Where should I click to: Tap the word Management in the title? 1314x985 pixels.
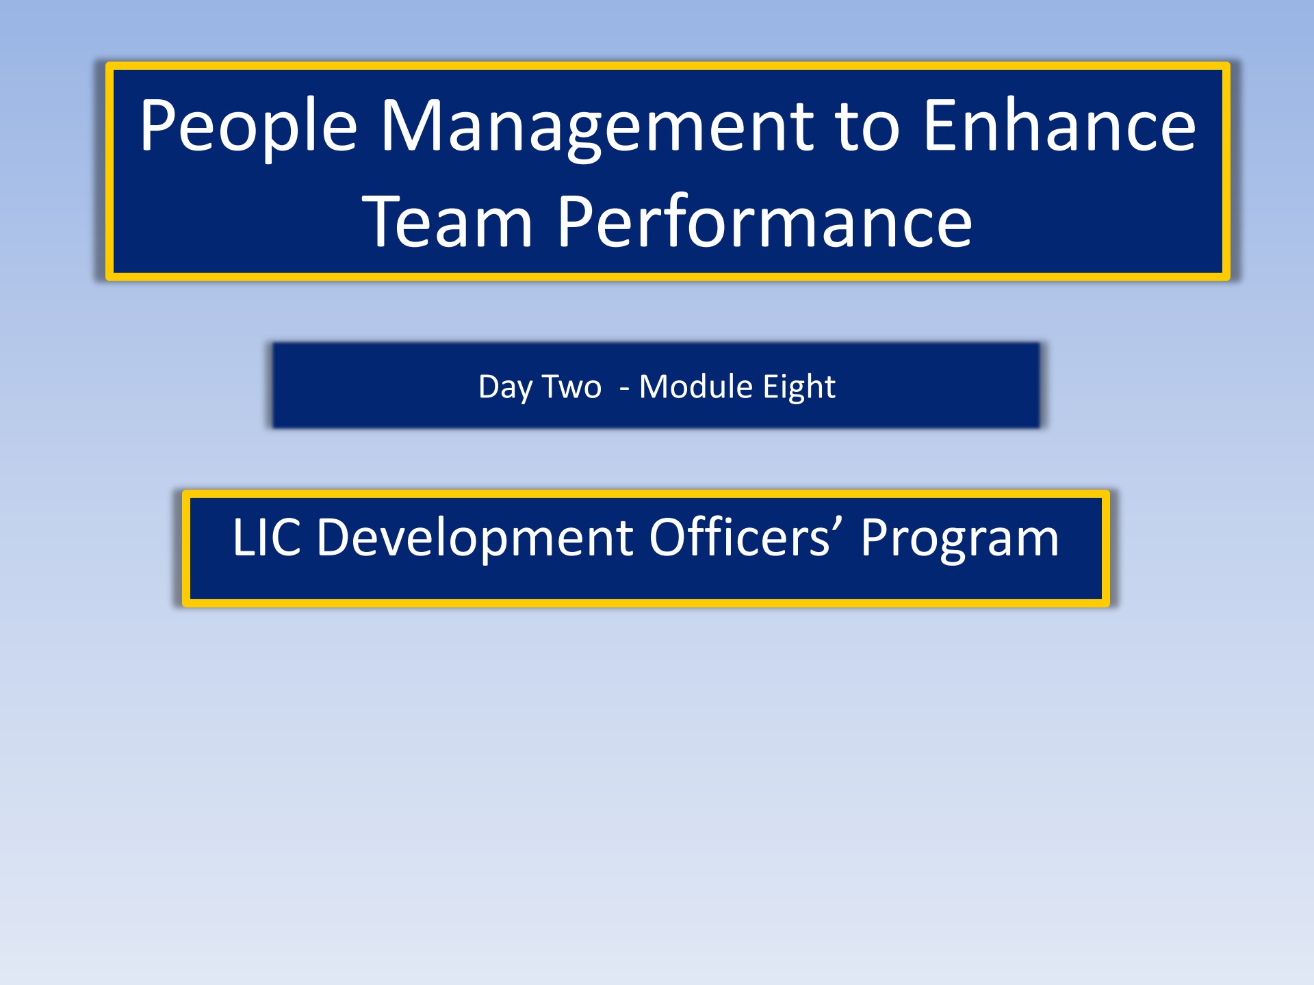click(x=596, y=127)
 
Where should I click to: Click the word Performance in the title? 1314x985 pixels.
click(x=764, y=222)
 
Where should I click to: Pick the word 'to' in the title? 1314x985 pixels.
click(x=866, y=127)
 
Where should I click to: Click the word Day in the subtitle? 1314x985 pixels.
click(x=505, y=387)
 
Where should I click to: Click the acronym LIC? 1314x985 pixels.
click(x=267, y=538)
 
